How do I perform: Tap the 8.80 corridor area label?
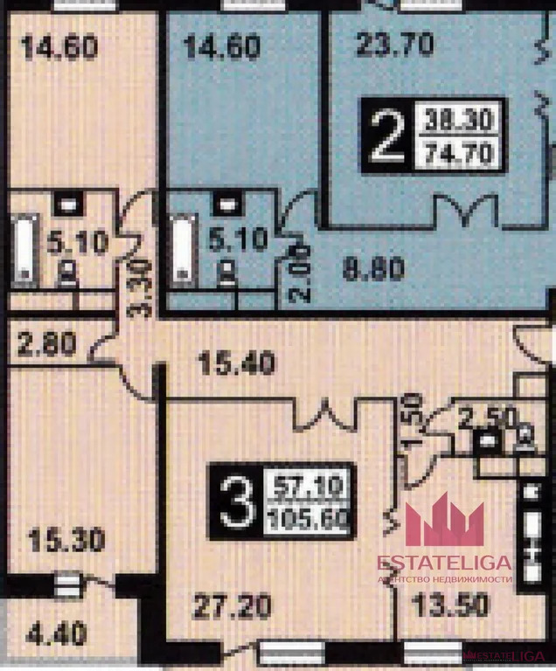click(372, 268)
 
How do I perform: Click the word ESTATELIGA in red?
click(445, 564)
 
